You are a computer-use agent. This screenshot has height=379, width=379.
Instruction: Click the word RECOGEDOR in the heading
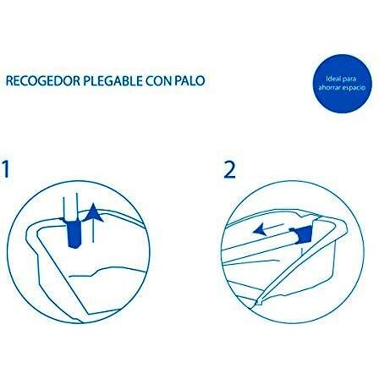coord(43,81)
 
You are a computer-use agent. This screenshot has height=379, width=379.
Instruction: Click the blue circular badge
coord(342,83)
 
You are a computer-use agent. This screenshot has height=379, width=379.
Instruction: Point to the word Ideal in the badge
coord(332,79)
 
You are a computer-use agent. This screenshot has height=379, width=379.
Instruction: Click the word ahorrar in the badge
coord(329,88)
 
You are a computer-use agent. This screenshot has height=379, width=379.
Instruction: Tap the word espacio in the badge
coord(353,88)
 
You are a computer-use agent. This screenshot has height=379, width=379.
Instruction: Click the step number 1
coord(5,169)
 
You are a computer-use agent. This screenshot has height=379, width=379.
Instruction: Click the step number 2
coord(229,170)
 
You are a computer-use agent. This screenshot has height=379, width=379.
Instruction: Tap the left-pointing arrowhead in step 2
coord(259,228)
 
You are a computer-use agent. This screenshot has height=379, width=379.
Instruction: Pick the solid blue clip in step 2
coord(301,234)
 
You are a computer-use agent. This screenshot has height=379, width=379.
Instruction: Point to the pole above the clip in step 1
coord(70,209)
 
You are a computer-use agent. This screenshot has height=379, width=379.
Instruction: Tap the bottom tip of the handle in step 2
coord(256,304)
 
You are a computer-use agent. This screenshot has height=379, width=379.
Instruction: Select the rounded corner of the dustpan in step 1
coord(31,228)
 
